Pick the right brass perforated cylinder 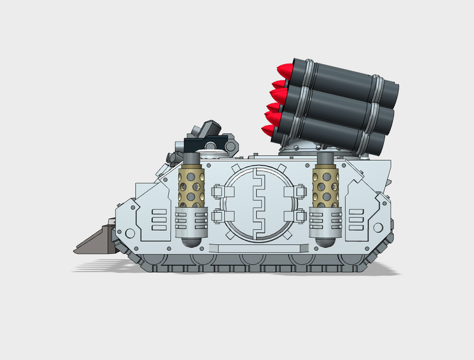coord(324,186)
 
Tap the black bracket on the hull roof coord(206,144)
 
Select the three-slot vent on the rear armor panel coord(357,219)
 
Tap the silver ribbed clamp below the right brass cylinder coord(325,219)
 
